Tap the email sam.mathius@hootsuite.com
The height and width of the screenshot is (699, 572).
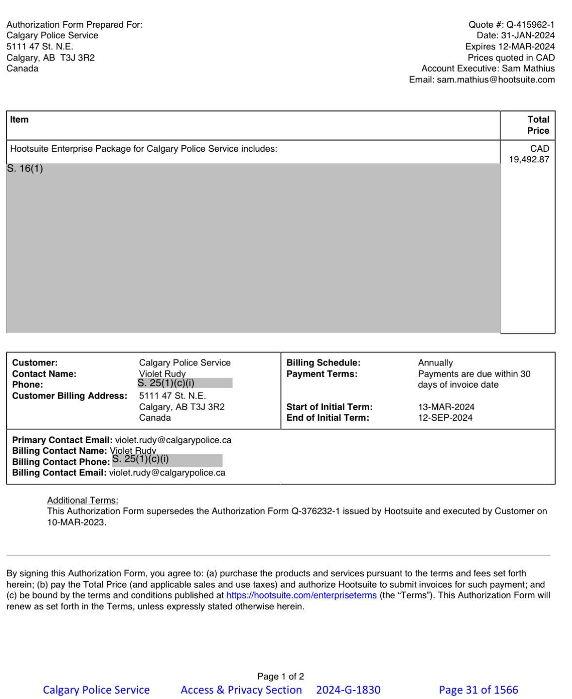click(x=495, y=80)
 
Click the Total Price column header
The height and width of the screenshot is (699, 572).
click(x=538, y=125)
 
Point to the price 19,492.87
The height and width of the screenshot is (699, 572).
click(x=529, y=159)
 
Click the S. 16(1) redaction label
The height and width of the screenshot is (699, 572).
click(x=25, y=169)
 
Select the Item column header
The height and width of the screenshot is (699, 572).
click(x=19, y=120)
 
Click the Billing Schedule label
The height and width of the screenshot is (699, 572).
click(x=323, y=363)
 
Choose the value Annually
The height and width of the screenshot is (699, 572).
click(x=435, y=363)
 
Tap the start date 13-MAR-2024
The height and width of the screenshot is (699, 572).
click(x=446, y=407)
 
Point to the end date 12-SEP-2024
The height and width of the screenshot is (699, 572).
click(x=445, y=418)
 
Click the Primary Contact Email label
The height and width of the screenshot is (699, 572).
click(x=62, y=440)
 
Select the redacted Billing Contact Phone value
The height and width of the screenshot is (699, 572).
click(x=167, y=460)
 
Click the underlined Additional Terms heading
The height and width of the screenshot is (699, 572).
click(x=82, y=500)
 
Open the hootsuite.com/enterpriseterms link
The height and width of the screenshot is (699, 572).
click(x=301, y=596)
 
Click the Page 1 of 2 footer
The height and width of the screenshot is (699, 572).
click(x=280, y=676)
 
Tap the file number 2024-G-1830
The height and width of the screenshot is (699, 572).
click(x=348, y=690)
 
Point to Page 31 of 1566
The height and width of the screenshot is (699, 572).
click(x=478, y=690)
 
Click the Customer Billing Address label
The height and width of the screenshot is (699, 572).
click(x=69, y=396)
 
